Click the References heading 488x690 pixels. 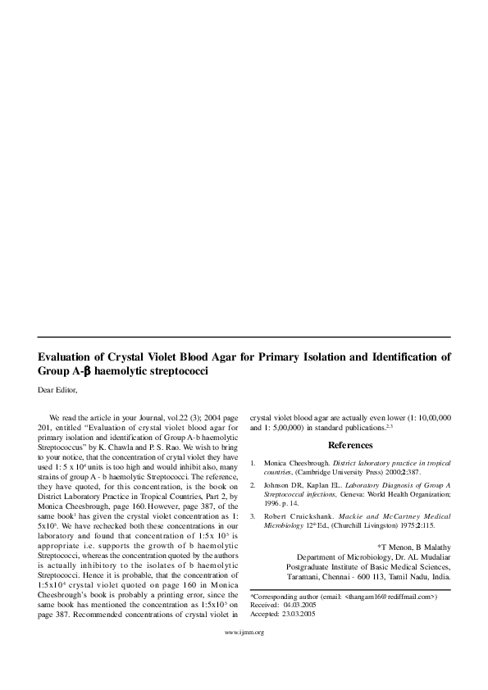pyautogui.click(x=350, y=445)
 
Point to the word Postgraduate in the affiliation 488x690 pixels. pyautogui.click(x=308, y=565)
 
